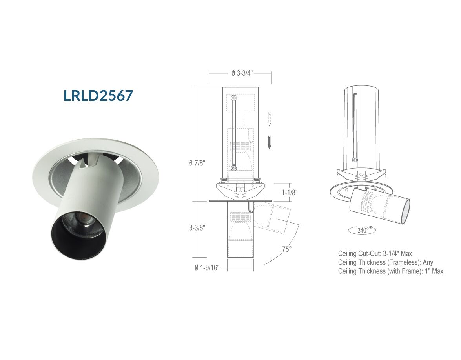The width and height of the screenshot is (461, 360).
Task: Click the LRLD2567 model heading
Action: [98, 96]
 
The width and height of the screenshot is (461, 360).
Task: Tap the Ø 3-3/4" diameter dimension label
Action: [242, 73]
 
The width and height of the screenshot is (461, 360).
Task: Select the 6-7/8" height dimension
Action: [197, 163]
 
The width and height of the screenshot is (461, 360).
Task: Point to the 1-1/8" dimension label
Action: [290, 193]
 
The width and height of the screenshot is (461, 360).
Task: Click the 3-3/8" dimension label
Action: [197, 227]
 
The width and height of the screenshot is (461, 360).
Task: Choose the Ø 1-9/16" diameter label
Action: [207, 268]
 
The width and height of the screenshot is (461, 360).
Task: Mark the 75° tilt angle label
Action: [287, 249]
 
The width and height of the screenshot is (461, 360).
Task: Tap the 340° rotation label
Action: [363, 231]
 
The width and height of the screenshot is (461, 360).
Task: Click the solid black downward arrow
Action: [269, 142]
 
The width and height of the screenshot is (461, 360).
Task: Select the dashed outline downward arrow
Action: [269, 119]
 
